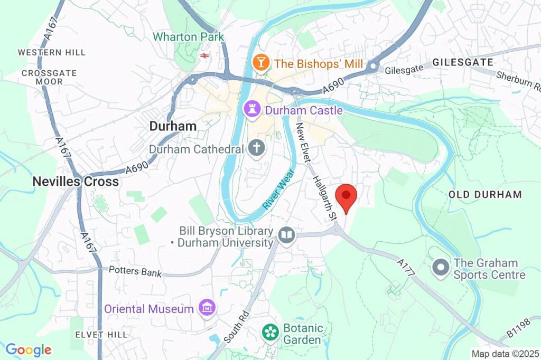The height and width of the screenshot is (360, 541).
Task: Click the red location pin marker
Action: pos(346,196)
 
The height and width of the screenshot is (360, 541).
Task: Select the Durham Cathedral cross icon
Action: pos(257,148)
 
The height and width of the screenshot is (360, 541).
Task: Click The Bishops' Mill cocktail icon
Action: pos(261,63)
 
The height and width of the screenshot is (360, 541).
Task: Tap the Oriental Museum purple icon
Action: pos(207,308)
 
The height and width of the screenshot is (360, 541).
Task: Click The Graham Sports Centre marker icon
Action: pos(440,268)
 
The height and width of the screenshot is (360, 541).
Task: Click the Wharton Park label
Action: pos(189,37)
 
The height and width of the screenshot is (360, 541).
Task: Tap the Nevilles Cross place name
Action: pos(76,181)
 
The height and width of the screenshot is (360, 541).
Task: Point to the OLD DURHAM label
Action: pos(485,194)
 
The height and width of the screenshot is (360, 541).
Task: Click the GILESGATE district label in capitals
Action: pos(455,62)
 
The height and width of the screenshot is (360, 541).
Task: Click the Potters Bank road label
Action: pos(135,271)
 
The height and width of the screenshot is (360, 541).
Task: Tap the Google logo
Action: pos(28,349)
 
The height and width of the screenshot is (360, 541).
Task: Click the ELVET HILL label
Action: pos(101,335)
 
